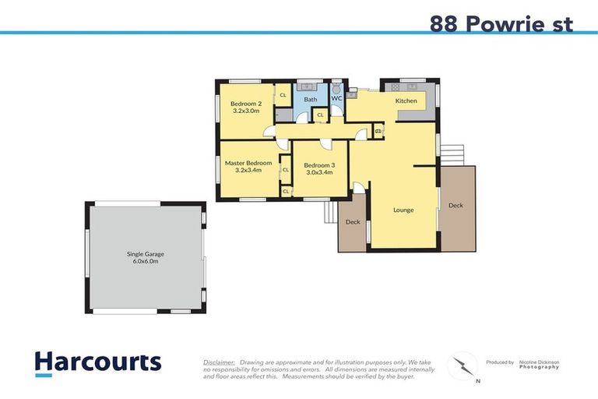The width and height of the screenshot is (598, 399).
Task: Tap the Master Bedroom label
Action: (x=248, y=163)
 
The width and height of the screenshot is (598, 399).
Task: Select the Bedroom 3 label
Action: (x=318, y=165)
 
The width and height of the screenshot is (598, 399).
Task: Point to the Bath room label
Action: (x=310, y=99)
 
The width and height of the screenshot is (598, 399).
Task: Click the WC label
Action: (x=336, y=99)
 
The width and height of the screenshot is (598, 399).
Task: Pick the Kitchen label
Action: (x=406, y=101)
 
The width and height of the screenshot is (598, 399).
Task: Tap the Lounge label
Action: (x=403, y=210)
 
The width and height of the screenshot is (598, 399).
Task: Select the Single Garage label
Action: (x=146, y=254)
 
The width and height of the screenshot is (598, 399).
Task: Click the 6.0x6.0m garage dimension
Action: (x=146, y=262)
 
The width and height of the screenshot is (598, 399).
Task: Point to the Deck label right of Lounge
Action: (x=456, y=205)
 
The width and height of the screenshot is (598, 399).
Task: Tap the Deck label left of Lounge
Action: (x=352, y=222)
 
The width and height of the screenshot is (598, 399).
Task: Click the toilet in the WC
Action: (x=336, y=87)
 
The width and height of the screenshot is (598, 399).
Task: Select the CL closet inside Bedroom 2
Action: (x=283, y=95)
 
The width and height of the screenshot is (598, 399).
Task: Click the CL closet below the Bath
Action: (x=320, y=115)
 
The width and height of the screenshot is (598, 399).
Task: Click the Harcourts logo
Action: (x=97, y=362)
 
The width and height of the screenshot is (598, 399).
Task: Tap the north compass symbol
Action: (x=465, y=366)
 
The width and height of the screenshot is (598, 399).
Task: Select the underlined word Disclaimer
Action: (x=220, y=362)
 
